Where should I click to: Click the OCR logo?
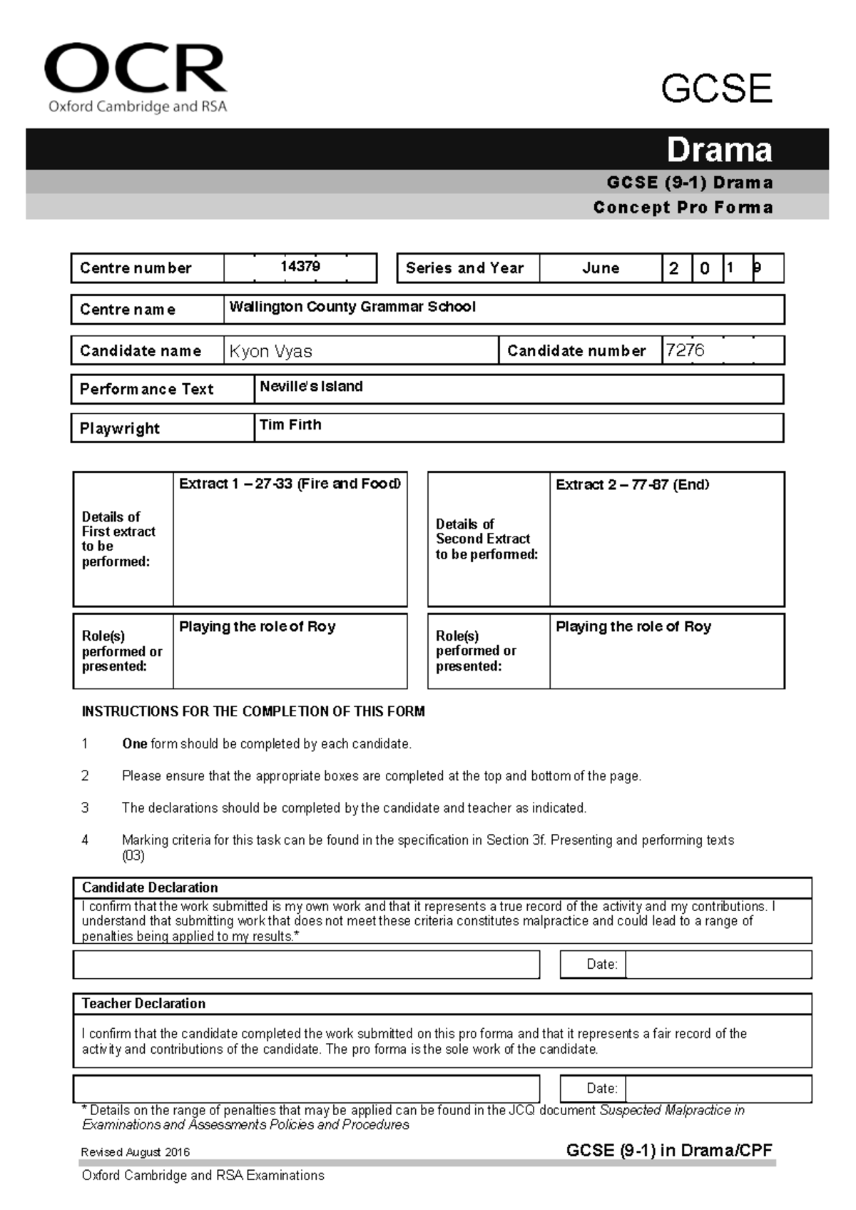(x=136, y=77)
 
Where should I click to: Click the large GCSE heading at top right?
(x=716, y=89)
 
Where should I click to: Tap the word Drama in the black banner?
(x=719, y=150)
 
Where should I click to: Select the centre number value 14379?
(x=300, y=267)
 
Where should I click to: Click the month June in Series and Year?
(x=601, y=268)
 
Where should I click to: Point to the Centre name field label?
(x=128, y=310)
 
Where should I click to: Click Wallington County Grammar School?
(x=352, y=307)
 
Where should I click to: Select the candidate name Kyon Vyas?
(x=271, y=351)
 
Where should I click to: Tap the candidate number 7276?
(x=685, y=350)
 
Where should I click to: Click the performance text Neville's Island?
(x=311, y=387)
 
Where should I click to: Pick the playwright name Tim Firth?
(x=290, y=425)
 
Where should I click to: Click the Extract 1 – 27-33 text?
(x=290, y=484)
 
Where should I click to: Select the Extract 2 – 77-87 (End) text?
(x=632, y=485)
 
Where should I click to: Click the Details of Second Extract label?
(x=486, y=539)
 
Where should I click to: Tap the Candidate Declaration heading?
(x=150, y=888)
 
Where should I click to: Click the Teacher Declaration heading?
(x=143, y=1004)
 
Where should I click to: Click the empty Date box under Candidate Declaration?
(x=718, y=965)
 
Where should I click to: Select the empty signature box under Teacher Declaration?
(x=306, y=1089)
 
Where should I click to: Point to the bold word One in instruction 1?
(x=134, y=744)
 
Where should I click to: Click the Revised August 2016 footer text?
(x=136, y=1152)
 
